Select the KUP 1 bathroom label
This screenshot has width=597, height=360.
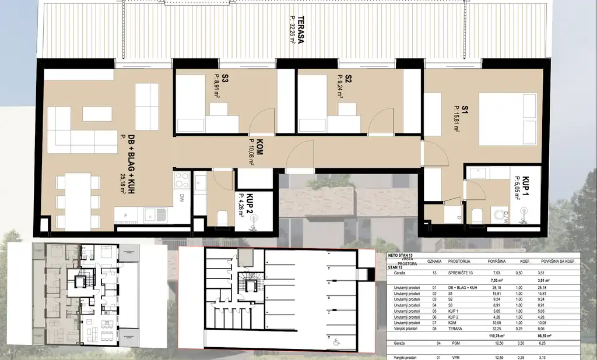[x=525, y=181]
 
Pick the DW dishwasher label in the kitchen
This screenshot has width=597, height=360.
[x=182, y=197]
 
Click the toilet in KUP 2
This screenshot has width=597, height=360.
[x=222, y=217]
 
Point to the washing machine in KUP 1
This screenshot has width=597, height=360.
[x=500, y=216]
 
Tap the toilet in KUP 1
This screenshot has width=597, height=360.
[x=477, y=215]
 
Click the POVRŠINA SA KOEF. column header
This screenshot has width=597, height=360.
[x=558, y=262]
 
